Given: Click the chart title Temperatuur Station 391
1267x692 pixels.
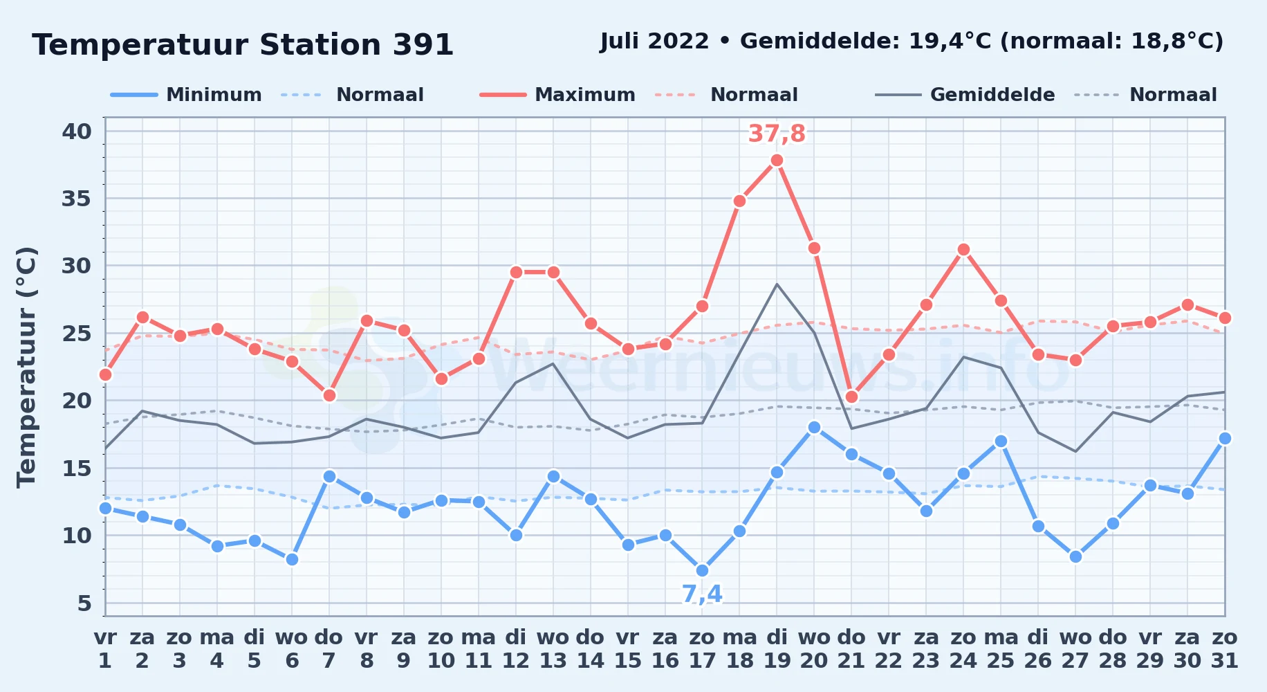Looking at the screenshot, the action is coord(243,45).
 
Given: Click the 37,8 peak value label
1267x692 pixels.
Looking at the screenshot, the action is coord(777,134).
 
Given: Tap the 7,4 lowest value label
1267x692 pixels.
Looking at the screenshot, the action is coord(702,594).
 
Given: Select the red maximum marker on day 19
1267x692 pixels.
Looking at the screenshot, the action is coord(777,160).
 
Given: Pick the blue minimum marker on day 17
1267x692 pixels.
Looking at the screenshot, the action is coord(702,571).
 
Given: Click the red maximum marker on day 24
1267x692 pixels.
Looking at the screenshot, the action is coord(963,249).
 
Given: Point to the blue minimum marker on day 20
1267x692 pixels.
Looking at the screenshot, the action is coord(814,428).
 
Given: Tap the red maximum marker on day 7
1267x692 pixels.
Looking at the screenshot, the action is coord(329,395).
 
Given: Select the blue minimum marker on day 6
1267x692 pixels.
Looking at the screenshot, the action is coord(292,559).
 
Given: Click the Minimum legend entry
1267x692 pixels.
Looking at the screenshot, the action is coord(186,95).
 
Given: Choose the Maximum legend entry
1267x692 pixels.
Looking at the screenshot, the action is coord(557,95).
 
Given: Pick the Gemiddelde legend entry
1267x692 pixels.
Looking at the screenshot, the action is coord(965,95).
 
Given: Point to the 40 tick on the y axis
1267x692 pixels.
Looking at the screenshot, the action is coord(77,131).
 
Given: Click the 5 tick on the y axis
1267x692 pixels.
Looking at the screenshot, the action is coord(84,603).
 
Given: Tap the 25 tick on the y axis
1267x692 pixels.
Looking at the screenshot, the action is coord(77,334).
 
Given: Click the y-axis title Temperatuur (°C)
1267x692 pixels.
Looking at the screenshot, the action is coord(27,367).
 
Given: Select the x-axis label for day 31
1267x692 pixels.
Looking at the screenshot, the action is coord(1224,648).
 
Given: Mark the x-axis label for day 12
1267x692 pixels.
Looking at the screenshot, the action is coord(515,648).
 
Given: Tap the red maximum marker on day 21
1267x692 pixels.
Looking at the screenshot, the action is coord(851,397).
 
